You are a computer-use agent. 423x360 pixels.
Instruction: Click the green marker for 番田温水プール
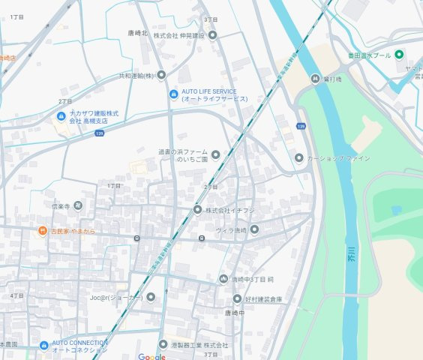(x=400, y=54)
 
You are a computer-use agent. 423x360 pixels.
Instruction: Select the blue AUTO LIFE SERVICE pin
(x=173, y=94)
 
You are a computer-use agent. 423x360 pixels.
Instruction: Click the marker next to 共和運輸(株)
(x=160, y=75)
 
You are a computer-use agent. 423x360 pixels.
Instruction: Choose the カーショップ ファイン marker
(x=298, y=158)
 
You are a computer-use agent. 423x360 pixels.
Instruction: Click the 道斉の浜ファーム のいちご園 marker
(x=216, y=155)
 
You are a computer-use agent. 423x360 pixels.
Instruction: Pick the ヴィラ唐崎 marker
(x=254, y=229)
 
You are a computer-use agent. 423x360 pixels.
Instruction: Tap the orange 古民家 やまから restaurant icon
(x=43, y=232)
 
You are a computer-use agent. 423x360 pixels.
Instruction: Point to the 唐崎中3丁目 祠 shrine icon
(x=223, y=279)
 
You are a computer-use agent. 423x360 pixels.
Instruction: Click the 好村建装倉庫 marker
(x=237, y=298)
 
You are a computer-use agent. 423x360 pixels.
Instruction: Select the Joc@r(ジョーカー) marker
(x=151, y=297)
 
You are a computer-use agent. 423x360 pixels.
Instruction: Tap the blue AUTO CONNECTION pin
(x=44, y=346)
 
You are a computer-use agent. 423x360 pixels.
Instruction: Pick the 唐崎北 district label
(x=138, y=34)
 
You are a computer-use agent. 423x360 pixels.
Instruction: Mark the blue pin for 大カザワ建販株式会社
(x=61, y=115)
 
